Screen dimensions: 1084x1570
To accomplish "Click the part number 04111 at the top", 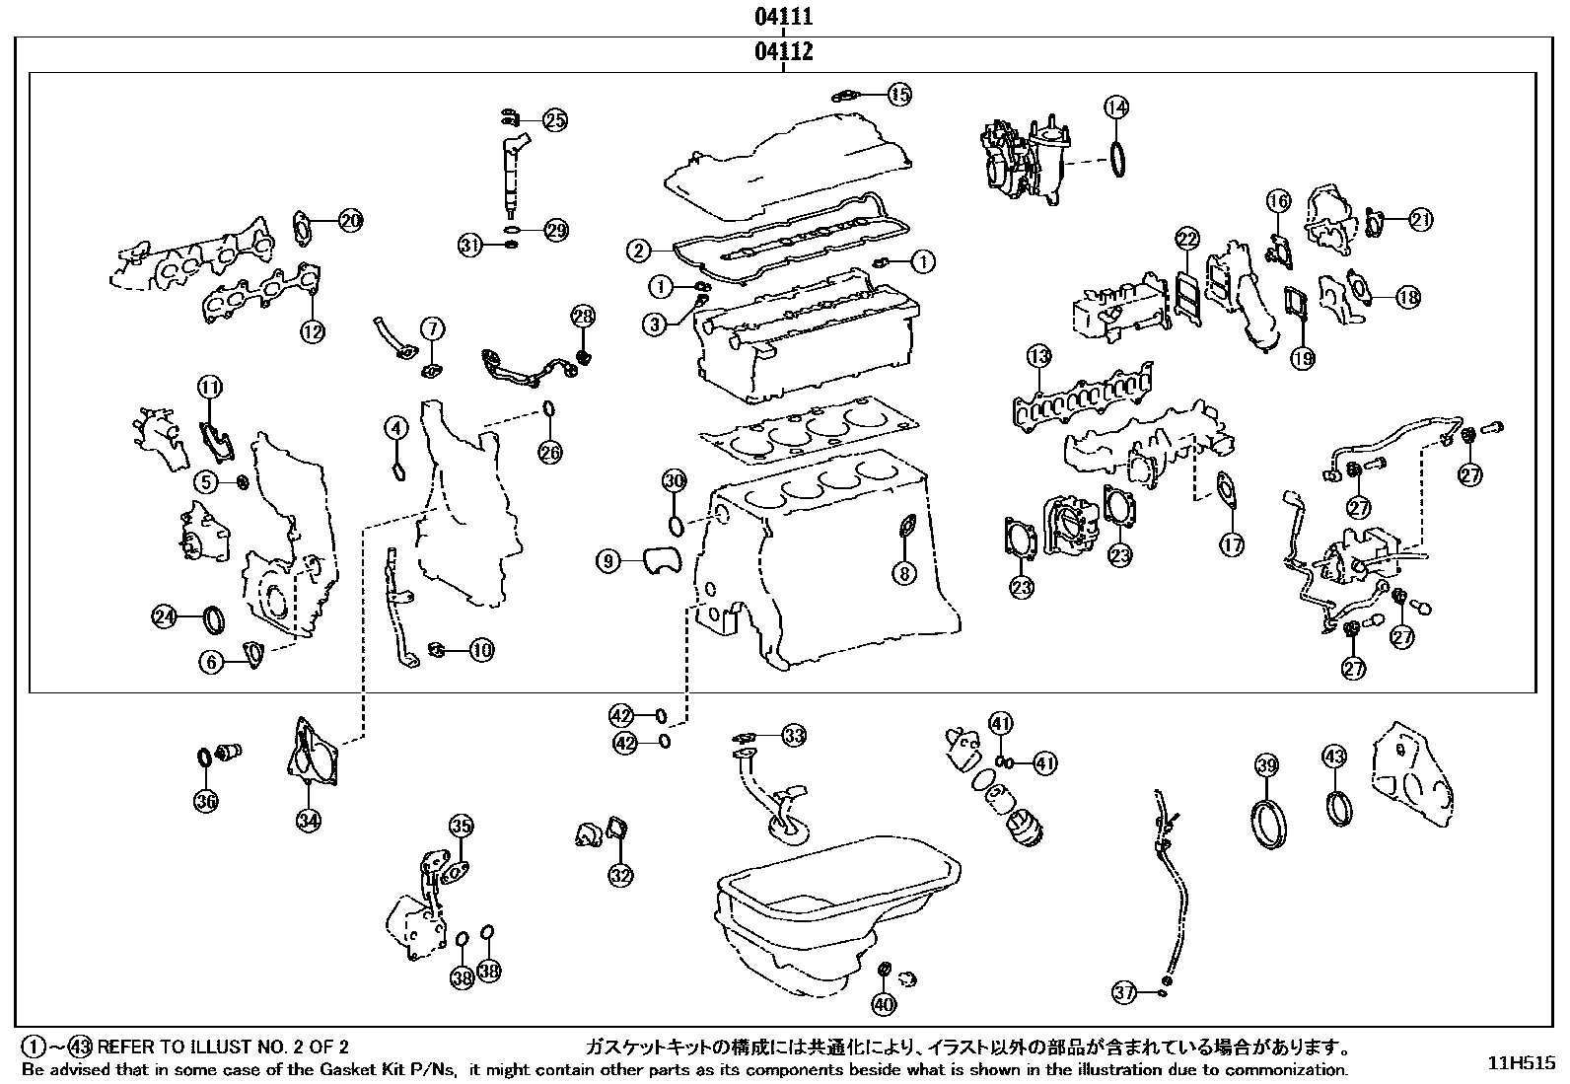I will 784,17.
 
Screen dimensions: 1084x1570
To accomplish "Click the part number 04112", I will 784,51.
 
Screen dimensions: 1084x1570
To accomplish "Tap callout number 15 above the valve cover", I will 898,95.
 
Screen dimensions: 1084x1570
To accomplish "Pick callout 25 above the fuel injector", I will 555,120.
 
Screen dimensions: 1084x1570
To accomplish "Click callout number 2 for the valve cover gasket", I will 640,251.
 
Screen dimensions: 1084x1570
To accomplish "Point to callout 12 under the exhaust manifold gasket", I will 312,332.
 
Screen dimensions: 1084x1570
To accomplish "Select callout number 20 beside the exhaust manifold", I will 350,221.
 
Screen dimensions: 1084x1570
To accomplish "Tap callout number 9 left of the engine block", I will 608,561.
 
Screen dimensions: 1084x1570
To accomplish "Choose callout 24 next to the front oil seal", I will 164,617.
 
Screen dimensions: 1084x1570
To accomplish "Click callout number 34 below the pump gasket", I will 309,820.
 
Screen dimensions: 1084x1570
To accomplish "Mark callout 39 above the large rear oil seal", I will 1267,764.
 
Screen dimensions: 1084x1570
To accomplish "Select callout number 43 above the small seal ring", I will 1333,758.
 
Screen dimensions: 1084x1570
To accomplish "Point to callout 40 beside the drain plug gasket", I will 884,1004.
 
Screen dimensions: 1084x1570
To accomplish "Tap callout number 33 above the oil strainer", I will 794,735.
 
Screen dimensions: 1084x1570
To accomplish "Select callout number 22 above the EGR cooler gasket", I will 1186,239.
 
